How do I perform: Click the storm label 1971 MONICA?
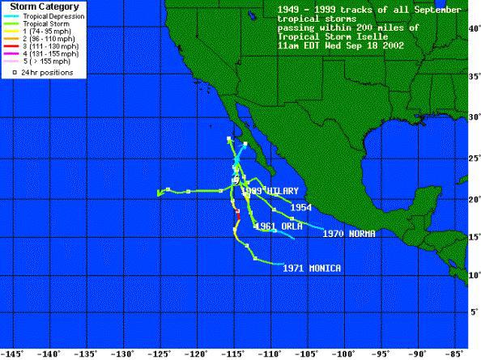(312, 268)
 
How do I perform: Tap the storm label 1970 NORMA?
(348, 234)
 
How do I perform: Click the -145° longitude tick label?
(12, 353)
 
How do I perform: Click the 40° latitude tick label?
(474, 28)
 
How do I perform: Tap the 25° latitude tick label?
(474, 159)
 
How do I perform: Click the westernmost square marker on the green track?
(167, 190)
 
